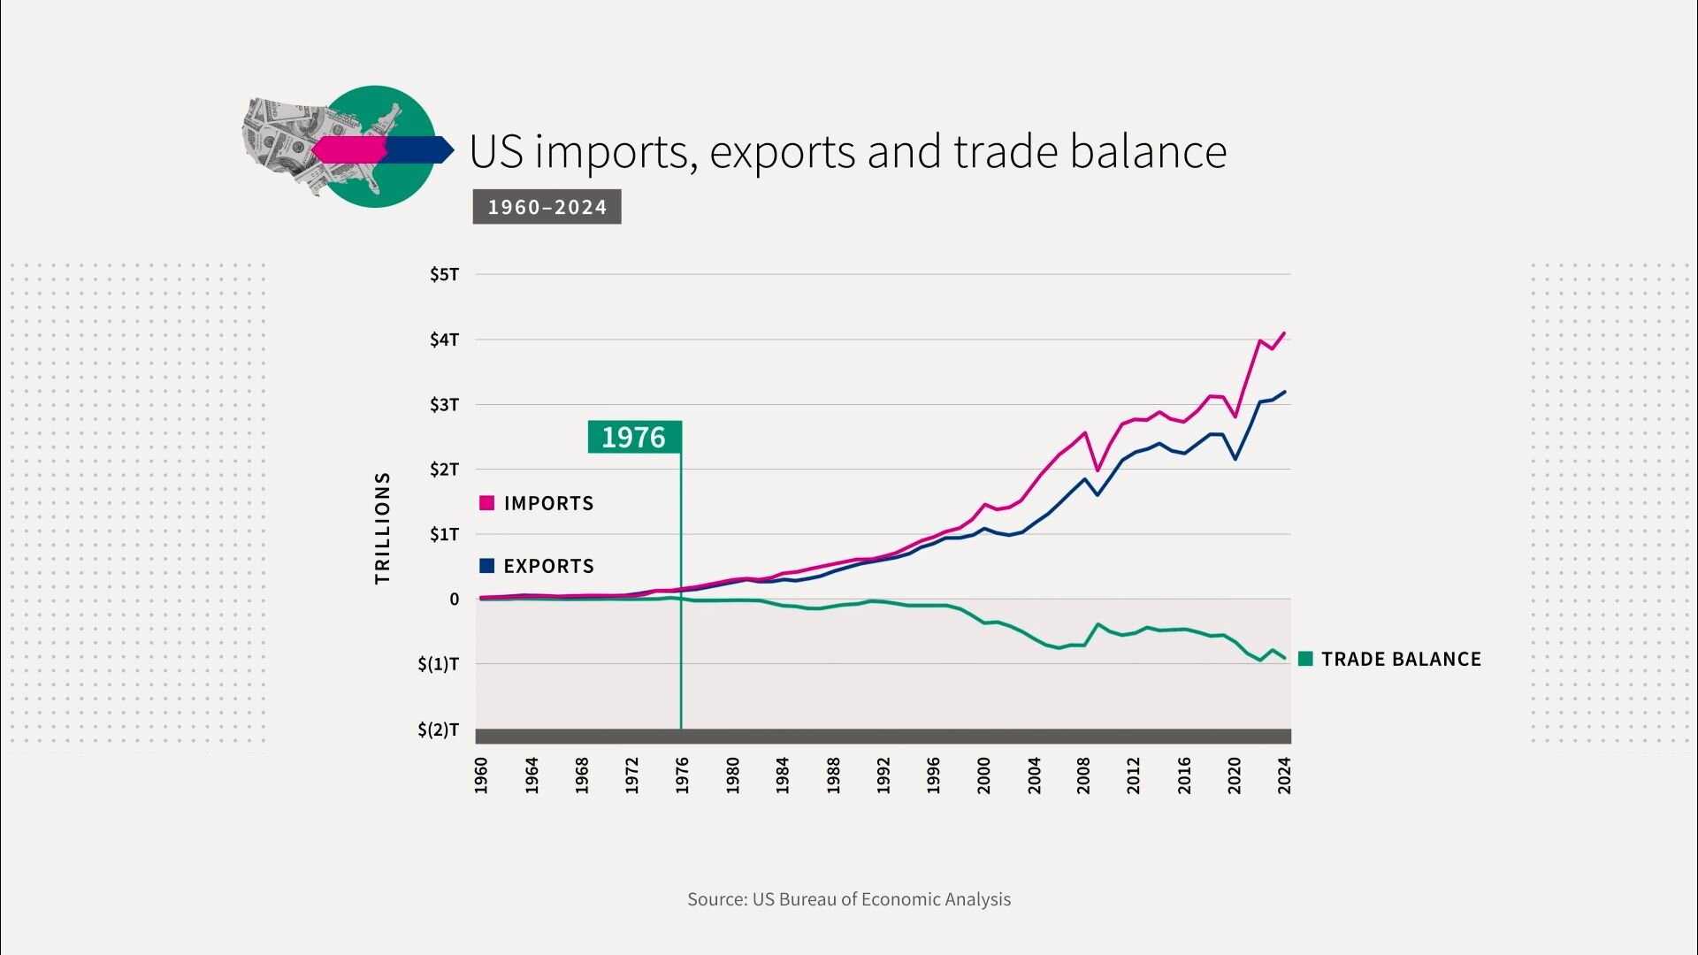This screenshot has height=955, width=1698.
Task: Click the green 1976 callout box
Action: [x=634, y=437]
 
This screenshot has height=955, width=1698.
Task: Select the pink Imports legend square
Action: [x=486, y=503]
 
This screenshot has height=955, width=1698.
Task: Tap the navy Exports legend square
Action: [x=486, y=566]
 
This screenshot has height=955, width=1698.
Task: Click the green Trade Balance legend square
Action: [x=1305, y=659]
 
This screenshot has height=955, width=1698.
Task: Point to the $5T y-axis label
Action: [x=444, y=274]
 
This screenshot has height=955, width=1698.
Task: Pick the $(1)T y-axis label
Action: [x=438, y=664]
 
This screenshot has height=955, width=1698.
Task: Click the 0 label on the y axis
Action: [x=454, y=600]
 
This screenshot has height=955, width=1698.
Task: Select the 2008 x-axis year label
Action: [x=1083, y=775]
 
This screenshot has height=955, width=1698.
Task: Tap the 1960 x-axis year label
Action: [x=480, y=775]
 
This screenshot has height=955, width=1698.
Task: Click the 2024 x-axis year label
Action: [x=1284, y=775]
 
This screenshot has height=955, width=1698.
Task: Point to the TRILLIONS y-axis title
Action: [x=382, y=528]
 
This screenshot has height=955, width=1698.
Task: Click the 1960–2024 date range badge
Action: [x=547, y=207]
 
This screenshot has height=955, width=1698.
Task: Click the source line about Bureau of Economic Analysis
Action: [x=848, y=899]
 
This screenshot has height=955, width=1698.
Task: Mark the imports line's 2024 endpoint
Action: [x=1284, y=333]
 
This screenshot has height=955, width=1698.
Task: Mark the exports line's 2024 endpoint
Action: [x=1284, y=392]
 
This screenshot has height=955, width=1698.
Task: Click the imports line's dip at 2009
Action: [x=1097, y=470]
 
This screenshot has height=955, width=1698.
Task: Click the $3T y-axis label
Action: [x=444, y=405]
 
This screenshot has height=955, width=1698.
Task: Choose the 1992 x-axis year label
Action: [x=883, y=775]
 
